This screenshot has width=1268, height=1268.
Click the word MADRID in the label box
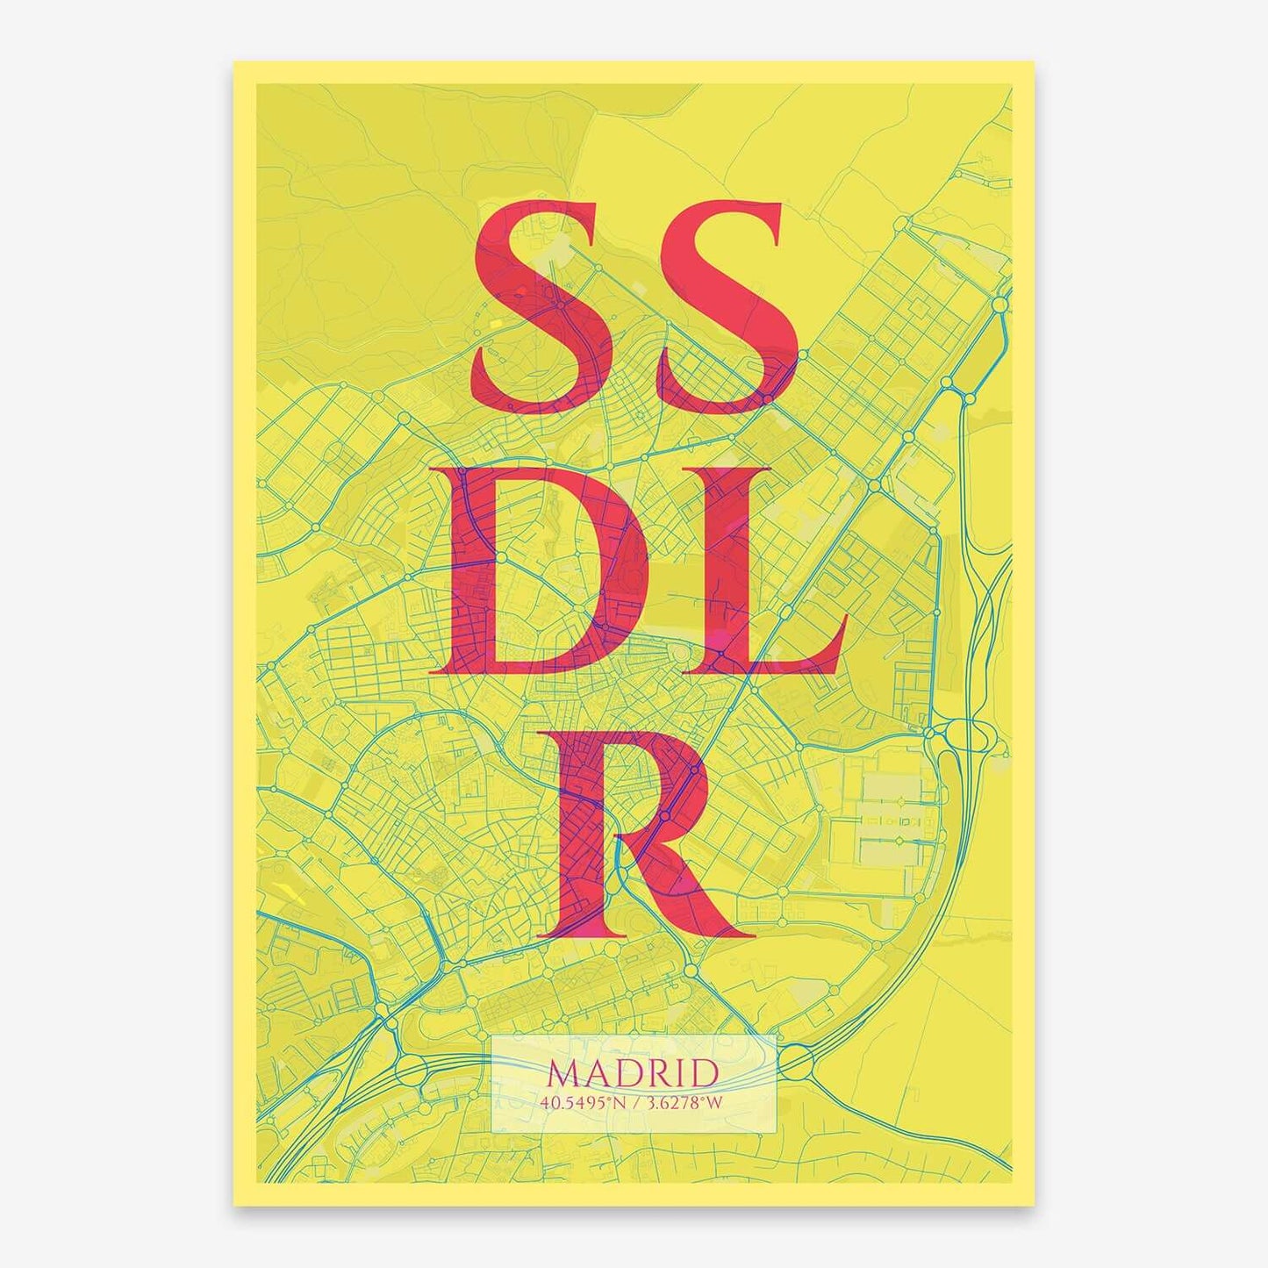pyautogui.click(x=633, y=1073)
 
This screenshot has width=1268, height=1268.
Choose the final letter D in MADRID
pyautogui.click(x=703, y=1074)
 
